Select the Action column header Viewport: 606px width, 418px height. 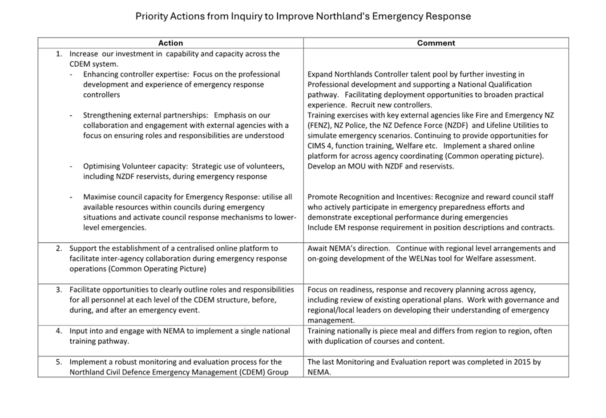tap(170, 43)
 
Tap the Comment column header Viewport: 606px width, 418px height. tap(436, 43)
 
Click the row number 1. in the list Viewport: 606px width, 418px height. tap(59, 54)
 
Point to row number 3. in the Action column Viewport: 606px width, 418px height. tap(59, 289)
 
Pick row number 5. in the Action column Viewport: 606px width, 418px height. tap(59, 362)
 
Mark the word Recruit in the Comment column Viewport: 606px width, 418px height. tap(364, 105)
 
